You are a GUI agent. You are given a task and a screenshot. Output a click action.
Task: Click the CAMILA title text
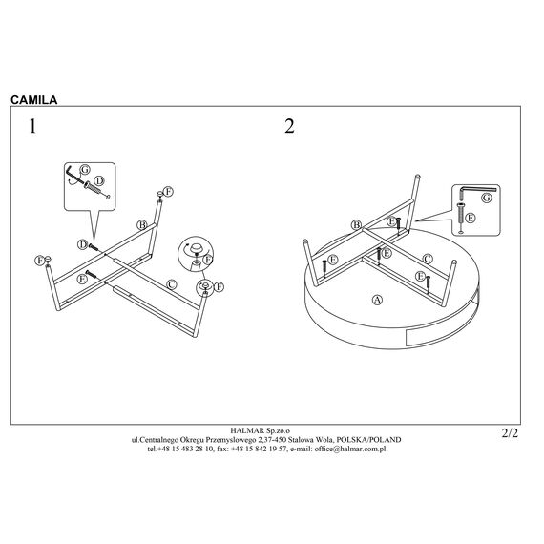tap(34, 100)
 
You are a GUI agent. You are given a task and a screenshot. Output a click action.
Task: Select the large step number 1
tap(32, 126)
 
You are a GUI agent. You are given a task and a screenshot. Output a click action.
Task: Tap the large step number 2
tap(290, 126)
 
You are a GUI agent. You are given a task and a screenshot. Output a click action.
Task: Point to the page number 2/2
tap(510, 433)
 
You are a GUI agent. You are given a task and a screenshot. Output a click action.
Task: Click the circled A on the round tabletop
tap(377, 300)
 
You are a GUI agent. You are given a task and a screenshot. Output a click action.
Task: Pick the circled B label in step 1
tap(142, 225)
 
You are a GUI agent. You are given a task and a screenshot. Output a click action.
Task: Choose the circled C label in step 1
tap(172, 284)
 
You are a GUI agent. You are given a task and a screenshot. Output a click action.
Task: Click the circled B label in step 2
tap(356, 225)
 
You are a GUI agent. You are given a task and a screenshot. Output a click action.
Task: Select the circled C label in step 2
tap(428, 259)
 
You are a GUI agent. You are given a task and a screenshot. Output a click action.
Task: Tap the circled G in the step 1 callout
tap(85, 170)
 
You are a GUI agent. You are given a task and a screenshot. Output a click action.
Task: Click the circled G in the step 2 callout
tap(487, 198)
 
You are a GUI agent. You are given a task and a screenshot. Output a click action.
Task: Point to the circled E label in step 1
tap(82, 279)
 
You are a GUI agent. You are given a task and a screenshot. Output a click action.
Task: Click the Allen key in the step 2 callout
tap(477, 190)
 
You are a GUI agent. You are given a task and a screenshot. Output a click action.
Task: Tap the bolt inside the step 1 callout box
tap(96, 190)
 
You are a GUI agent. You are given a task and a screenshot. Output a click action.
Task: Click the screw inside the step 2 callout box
tap(461, 218)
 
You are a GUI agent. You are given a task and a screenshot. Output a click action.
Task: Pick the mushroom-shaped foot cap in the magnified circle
tap(196, 248)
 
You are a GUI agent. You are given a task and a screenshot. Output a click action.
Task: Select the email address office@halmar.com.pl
tap(350, 449)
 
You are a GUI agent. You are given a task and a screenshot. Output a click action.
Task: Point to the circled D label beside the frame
tap(82, 244)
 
